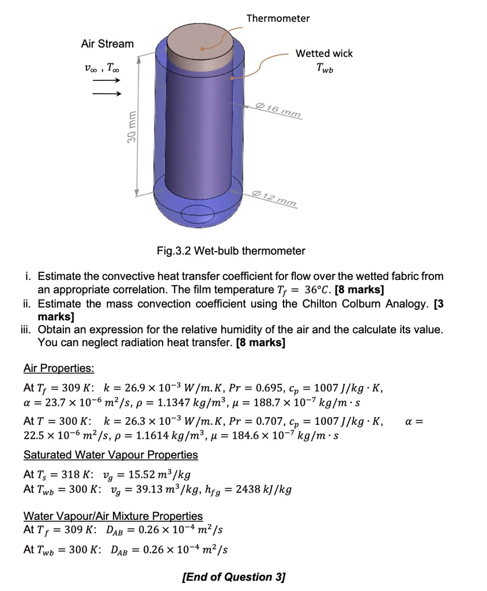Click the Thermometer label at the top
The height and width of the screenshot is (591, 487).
[278, 18]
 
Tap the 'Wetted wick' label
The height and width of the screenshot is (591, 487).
[324, 54]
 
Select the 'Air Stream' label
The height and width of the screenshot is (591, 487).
[107, 44]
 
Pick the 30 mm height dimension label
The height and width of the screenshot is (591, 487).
[132, 129]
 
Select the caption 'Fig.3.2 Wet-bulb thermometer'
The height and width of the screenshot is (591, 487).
[231, 251]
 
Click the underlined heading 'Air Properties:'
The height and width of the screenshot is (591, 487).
[59, 368]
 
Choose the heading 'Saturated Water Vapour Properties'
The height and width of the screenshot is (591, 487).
[111, 455]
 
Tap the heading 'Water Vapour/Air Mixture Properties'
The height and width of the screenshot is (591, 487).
[113, 516]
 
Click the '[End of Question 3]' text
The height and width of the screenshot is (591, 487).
[233, 577]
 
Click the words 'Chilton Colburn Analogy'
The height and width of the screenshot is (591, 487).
[365, 304]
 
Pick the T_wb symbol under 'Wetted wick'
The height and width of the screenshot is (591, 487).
[324, 68]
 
